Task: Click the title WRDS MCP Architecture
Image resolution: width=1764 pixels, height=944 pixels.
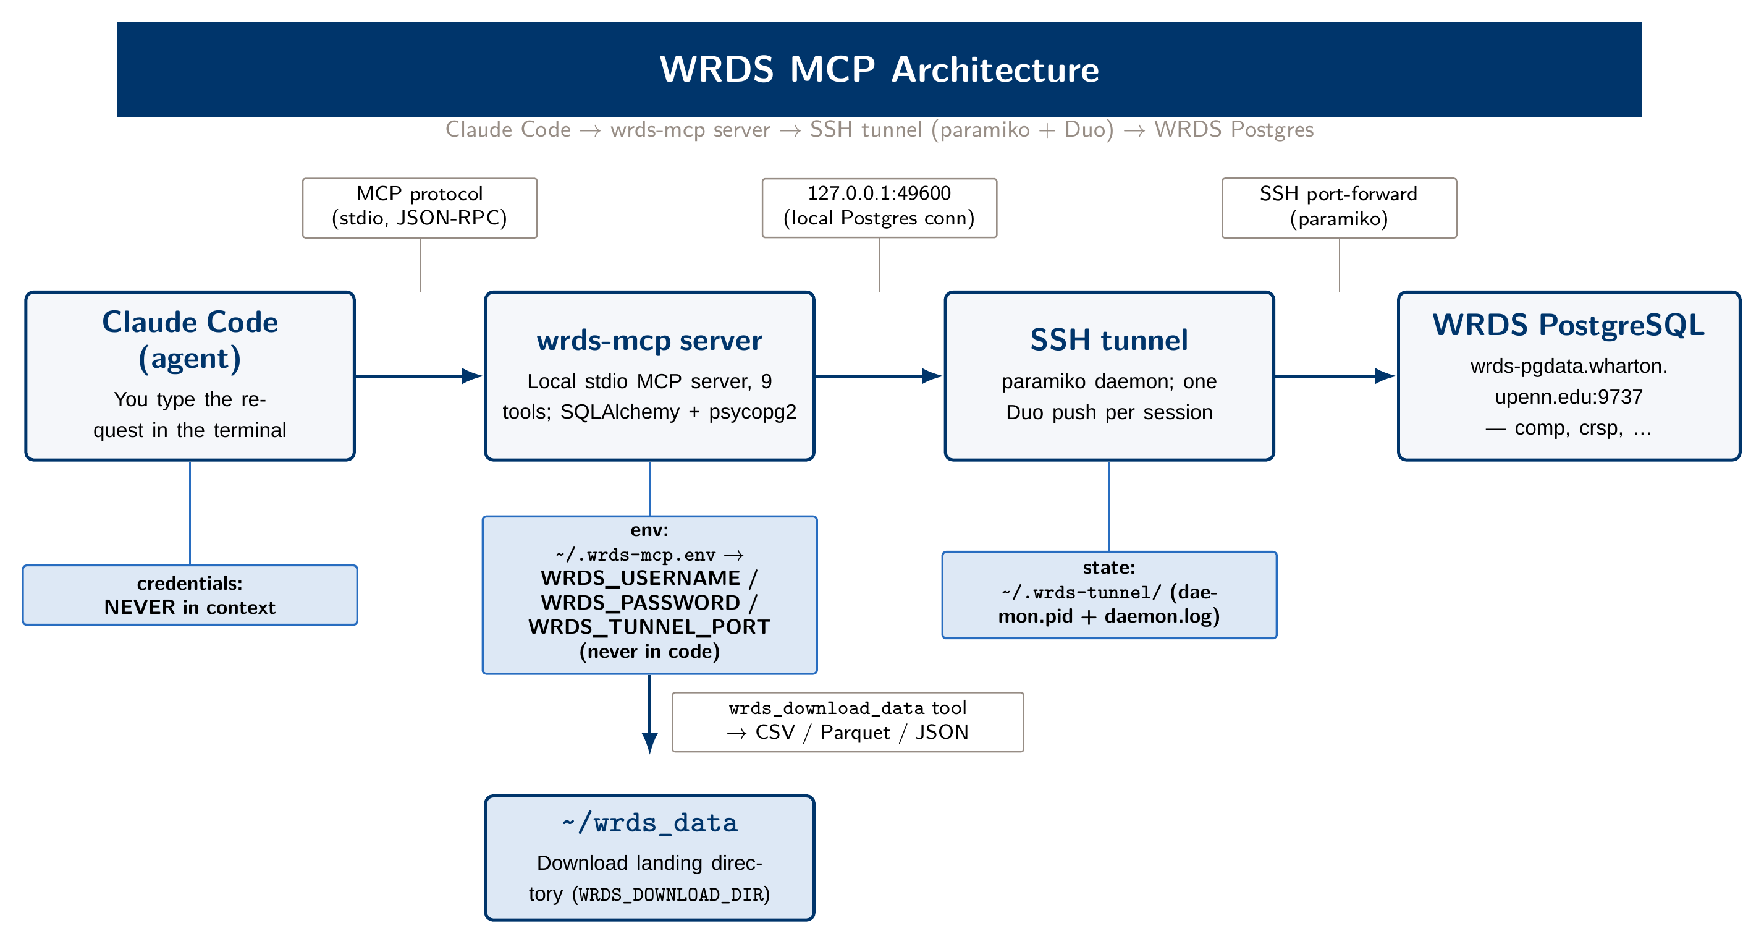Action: pos(879,69)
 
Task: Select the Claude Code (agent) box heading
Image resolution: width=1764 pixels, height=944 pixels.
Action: pos(190,341)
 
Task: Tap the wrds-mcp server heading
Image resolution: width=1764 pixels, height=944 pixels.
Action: pos(649,341)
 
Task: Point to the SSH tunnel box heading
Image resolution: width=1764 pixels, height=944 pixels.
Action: pos(1108,340)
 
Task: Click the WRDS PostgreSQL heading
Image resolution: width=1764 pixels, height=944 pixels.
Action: pos(1568,325)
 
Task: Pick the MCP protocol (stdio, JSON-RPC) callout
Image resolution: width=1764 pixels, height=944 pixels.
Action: pos(420,208)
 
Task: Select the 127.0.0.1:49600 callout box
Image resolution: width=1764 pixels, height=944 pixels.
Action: pos(879,208)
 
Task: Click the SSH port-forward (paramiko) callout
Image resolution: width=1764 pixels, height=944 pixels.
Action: pos(1339,208)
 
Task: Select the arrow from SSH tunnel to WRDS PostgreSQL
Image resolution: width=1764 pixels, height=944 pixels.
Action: pos(1335,376)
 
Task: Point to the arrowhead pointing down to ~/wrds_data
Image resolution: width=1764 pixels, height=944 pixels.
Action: pos(649,743)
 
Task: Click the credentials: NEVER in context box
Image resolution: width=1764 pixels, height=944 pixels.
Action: pos(190,595)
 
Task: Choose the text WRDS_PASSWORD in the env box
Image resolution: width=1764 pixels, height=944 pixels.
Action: pos(640,603)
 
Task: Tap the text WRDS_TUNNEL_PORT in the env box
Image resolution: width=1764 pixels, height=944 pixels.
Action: pos(649,627)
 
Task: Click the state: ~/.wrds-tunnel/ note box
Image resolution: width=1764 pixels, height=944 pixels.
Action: pos(1108,595)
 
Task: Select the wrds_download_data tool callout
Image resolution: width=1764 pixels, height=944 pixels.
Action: pos(848,722)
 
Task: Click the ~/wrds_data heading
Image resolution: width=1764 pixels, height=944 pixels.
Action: pos(649,823)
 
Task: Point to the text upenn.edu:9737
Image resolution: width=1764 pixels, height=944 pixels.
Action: pos(1568,398)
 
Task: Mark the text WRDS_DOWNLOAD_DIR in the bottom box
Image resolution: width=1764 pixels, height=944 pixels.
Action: pos(671,895)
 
